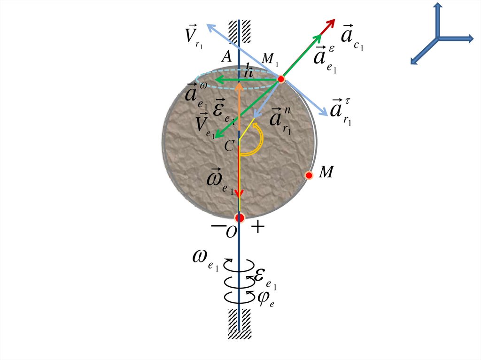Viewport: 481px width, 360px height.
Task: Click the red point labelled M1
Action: [x=281, y=79]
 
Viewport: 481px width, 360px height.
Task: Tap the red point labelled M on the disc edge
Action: [x=309, y=176]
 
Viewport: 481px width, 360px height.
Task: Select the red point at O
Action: [x=240, y=218]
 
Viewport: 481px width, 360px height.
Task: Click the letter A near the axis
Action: [x=227, y=57]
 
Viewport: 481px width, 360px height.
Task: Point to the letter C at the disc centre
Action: [x=229, y=146]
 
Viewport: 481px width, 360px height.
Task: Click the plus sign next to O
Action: [x=258, y=228]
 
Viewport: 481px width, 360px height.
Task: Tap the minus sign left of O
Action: [x=218, y=226]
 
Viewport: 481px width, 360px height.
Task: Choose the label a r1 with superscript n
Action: [x=280, y=120]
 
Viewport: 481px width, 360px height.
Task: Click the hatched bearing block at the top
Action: [x=240, y=31]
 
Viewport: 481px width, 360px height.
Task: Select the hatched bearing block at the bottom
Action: [x=240, y=323]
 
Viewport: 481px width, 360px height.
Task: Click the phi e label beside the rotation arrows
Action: [x=266, y=297]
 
